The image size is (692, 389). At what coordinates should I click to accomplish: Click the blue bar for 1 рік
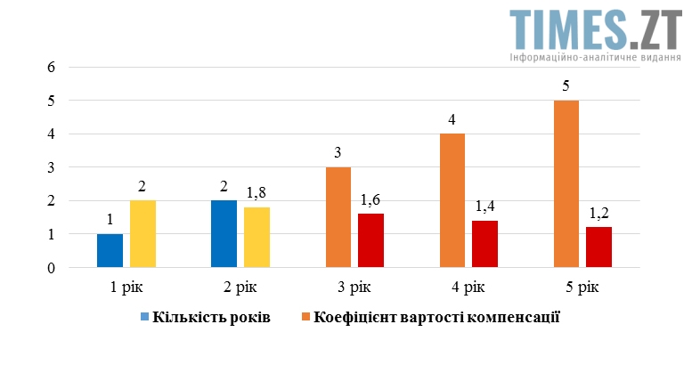[x=110, y=250]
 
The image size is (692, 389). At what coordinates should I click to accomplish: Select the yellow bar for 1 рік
[x=142, y=233]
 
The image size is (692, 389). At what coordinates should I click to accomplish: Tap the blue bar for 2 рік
[x=224, y=233]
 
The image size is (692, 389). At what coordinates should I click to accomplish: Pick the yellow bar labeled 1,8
[x=256, y=237]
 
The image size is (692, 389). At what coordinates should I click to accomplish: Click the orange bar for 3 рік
[x=338, y=217]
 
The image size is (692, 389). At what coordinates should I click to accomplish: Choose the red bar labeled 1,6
[x=370, y=240]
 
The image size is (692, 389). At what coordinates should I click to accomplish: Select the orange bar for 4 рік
[x=452, y=200]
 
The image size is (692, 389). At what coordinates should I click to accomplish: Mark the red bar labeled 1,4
[x=484, y=243]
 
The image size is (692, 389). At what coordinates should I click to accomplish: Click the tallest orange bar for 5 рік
[x=566, y=183]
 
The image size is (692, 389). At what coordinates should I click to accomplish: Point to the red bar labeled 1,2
[x=598, y=247]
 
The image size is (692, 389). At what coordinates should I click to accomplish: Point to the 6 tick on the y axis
[x=51, y=67]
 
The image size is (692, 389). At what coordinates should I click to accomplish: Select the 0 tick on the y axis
[x=51, y=267]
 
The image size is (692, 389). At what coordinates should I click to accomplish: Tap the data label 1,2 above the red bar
[x=598, y=214]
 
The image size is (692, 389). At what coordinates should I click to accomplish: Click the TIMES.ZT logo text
[x=595, y=28]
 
